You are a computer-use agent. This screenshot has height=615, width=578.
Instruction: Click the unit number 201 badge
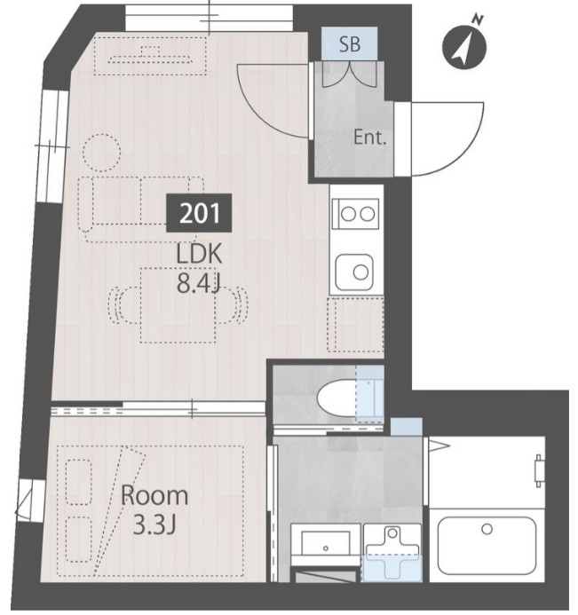199,213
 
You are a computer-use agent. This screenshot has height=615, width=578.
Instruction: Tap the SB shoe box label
350,44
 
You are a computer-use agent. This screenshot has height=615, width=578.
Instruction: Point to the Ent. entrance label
370,138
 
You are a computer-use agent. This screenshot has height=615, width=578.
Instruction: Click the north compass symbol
465,46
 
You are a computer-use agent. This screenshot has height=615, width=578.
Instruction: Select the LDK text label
200,254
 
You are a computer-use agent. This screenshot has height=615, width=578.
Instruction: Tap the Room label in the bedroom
154,496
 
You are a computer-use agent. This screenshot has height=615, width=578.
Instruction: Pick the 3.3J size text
154,525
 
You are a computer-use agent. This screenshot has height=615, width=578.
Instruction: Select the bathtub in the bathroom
487,546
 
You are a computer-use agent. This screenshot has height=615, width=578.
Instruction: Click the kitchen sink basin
354,272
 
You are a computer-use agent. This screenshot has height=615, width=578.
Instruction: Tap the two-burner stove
356,214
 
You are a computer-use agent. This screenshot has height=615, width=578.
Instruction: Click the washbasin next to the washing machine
325,542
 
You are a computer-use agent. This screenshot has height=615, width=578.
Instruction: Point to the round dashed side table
101,153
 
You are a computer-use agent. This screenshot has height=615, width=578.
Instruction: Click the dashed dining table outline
178,305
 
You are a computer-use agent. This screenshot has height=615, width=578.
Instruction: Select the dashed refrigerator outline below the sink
355,325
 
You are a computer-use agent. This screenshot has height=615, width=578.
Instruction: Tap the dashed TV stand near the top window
150,56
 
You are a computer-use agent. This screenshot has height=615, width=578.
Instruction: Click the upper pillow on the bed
78,482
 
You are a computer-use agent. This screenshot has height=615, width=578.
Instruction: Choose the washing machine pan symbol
392,553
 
